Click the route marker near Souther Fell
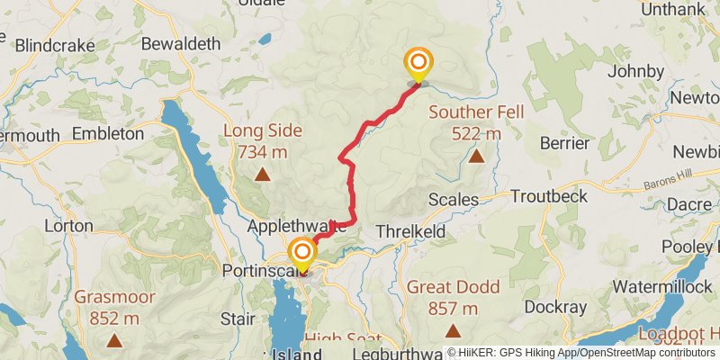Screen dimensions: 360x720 [418, 63]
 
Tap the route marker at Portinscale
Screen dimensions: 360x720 [301, 252]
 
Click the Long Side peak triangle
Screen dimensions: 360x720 [262, 175]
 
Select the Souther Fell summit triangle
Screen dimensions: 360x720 [476, 157]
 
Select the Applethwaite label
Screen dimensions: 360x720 [297, 229]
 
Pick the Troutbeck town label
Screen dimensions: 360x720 [548, 196]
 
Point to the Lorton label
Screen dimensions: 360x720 [68, 226]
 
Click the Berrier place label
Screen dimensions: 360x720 [564, 143]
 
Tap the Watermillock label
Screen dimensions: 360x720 [654, 286]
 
